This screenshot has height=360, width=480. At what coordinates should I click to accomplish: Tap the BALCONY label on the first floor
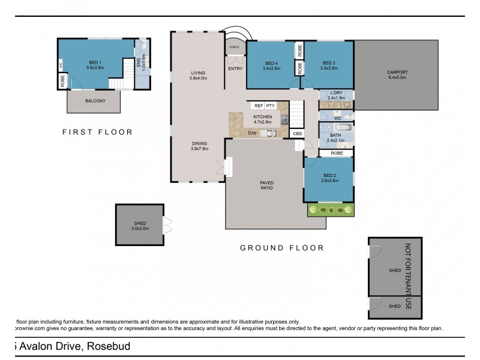pyautogui.click(x=95, y=101)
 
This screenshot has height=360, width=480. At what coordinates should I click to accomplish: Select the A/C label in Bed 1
pyautogui.click(x=61, y=65)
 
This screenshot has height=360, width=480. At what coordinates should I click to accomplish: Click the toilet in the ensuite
pyautogui.click(x=143, y=46)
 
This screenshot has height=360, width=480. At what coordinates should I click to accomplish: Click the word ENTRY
pyautogui.click(x=235, y=68)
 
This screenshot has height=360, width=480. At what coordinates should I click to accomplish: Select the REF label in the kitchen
pyautogui.click(x=259, y=106)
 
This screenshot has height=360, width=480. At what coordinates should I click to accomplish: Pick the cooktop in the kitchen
pyautogui.click(x=285, y=121)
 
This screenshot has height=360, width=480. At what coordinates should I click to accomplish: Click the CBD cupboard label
pyautogui.click(x=297, y=133)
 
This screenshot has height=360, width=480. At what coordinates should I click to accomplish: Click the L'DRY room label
pyautogui.click(x=335, y=93)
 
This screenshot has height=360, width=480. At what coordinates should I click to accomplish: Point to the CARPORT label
pyautogui.click(x=397, y=72)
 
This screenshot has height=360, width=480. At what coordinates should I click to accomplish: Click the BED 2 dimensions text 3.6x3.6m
pyautogui.click(x=328, y=181)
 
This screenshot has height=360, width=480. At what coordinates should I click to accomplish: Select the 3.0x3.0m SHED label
pyautogui.click(x=140, y=228)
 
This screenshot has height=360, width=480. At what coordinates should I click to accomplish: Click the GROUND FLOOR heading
pyautogui.click(x=281, y=248)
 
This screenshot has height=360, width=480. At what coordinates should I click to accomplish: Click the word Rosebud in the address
pyautogui.click(x=109, y=346)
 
